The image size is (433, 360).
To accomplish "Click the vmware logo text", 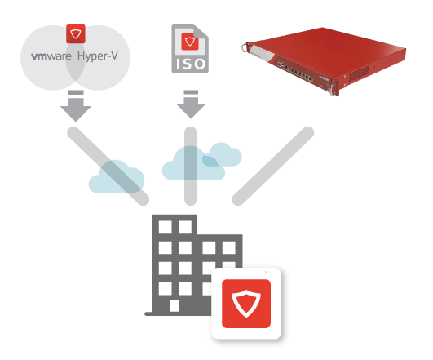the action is [x=51, y=56].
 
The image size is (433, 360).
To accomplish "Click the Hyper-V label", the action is [x=98, y=56].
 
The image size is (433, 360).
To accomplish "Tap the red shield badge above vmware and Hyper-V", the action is [x=76, y=34].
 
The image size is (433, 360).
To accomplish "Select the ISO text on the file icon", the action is [x=190, y=64].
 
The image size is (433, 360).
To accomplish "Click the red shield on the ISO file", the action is [x=190, y=42].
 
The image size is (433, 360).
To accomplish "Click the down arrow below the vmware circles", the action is [x=76, y=105].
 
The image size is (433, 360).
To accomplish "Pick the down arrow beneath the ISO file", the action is [x=191, y=104].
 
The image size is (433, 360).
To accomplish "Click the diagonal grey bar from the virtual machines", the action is [x=108, y=167].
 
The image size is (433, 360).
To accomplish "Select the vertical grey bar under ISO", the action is [x=190, y=166].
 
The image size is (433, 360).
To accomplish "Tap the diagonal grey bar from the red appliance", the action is [x=273, y=167].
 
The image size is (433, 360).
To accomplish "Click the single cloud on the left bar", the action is [x=117, y=176].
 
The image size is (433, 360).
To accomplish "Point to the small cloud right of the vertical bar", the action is [x=223, y=154].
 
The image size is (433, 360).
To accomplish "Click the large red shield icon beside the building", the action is [x=246, y=304].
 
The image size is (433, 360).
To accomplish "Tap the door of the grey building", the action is [x=175, y=306].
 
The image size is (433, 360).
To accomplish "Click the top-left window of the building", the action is [x=166, y=227].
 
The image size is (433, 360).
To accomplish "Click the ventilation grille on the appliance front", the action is [x=359, y=73].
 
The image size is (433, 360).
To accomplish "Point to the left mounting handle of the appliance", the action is [x=245, y=47].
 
